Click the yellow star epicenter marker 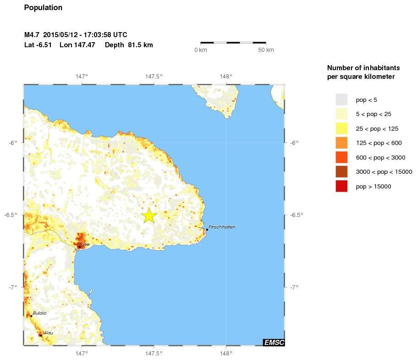click(x=149, y=216)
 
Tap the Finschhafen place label click(x=222, y=227)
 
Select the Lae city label click(x=85, y=244)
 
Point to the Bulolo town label click(x=39, y=313)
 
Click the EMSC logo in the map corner click(x=273, y=342)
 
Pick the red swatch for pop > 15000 click(x=341, y=186)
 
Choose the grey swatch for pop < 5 click(x=341, y=100)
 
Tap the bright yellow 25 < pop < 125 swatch click(x=341, y=128)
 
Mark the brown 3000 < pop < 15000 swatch click(x=341, y=172)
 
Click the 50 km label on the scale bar click(x=266, y=50)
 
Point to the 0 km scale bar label click(x=201, y=50)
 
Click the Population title click(x=43, y=8)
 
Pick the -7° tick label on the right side click(x=294, y=287)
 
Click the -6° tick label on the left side click(x=13, y=143)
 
